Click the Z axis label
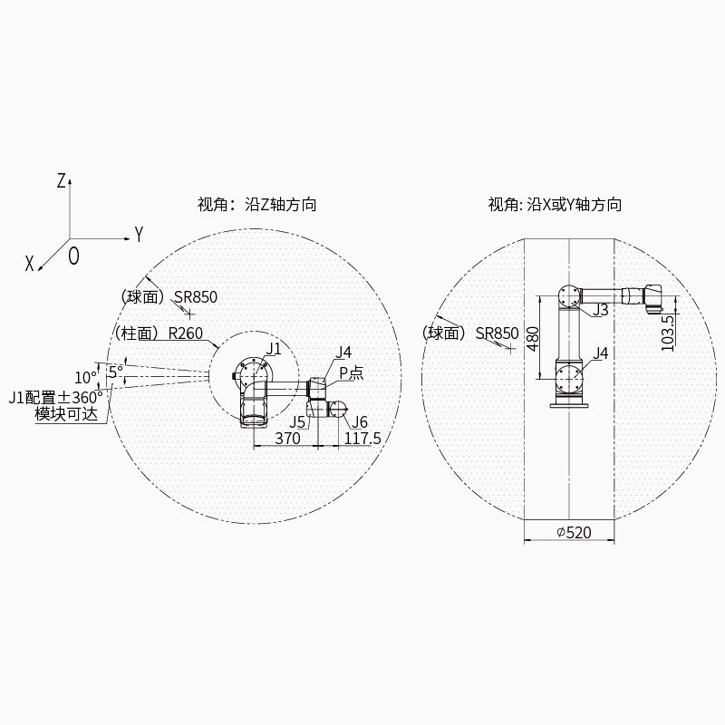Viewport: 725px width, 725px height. coord(61,180)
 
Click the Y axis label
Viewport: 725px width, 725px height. coord(139,235)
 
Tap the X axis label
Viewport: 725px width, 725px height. coord(30,264)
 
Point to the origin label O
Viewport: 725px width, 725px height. coord(73,256)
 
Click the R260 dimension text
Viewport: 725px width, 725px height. coord(186,333)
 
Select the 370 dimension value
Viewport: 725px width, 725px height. coord(287,438)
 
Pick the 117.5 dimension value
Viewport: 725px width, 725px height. coord(362,438)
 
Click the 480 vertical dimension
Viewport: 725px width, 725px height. coord(533,339)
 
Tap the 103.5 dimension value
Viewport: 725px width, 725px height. coord(668,333)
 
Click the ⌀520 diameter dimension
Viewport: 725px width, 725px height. coord(574,533)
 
